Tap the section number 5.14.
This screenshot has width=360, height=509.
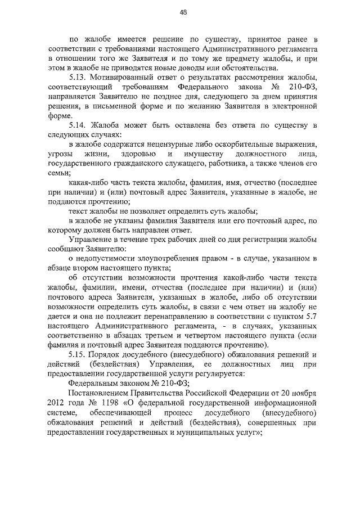[x=78, y=125]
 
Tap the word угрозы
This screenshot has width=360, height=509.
[x=62, y=154]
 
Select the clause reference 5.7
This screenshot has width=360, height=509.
[x=311, y=317]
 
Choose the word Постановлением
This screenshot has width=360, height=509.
[x=101, y=394]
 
